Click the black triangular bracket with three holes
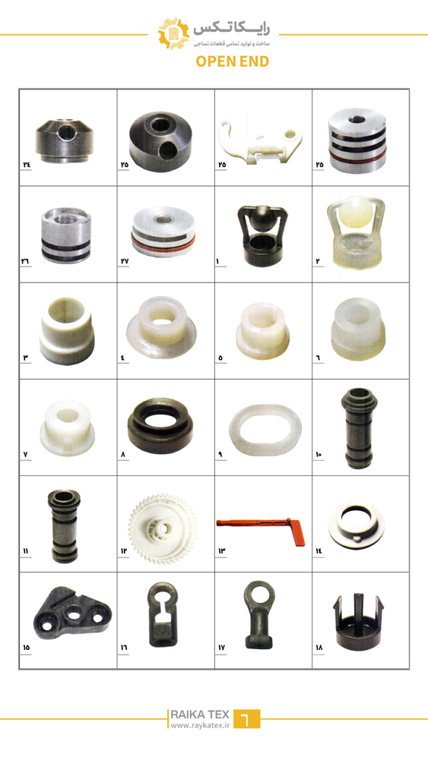click(71, 613)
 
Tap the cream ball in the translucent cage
click(357, 212)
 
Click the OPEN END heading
click(233, 61)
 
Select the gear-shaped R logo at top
click(173, 33)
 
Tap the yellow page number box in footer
click(246, 719)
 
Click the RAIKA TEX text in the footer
click(199, 714)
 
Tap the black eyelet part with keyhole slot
click(162, 613)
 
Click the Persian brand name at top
click(231, 28)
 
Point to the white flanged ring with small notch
click(357, 525)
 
